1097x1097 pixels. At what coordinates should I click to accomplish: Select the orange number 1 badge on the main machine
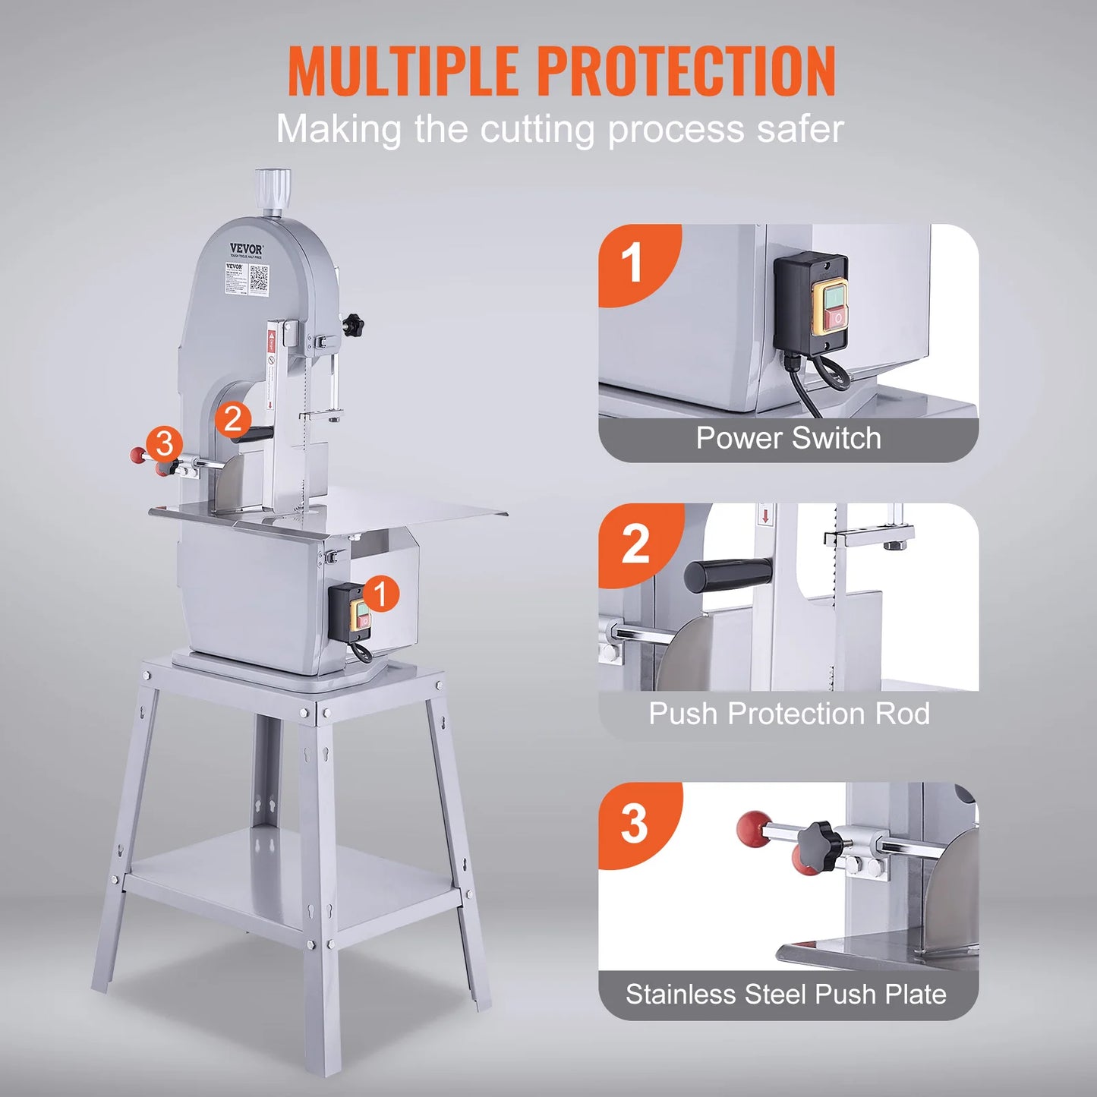(x=380, y=593)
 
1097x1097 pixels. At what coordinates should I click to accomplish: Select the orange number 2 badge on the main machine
(x=232, y=418)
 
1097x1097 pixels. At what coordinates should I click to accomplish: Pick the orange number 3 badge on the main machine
(x=164, y=443)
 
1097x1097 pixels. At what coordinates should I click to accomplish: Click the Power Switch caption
(x=788, y=439)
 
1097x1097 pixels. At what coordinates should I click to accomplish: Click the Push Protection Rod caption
(x=788, y=714)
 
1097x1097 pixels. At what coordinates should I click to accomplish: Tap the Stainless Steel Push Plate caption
(x=786, y=995)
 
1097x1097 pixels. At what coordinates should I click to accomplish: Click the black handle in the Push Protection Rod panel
(x=727, y=575)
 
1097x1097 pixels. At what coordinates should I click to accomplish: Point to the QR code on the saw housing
(x=259, y=278)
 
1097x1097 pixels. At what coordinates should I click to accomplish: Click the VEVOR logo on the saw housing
(x=247, y=249)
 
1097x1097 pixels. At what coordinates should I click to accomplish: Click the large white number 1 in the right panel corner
(x=632, y=263)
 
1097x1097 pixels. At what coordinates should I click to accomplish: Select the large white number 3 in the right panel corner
(x=634, y=824)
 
